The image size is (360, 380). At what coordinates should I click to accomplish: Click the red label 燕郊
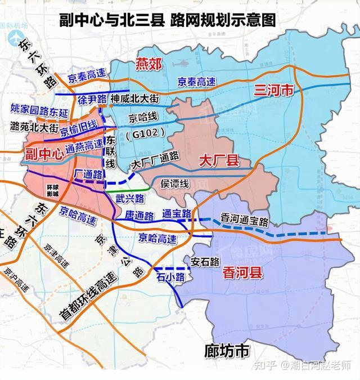(x=149, y=64)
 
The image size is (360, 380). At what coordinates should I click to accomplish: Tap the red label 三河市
(x=274, y=90)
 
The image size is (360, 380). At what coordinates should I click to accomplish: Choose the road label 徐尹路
(x=93, y=100)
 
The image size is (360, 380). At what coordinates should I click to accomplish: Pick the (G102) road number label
(x=145, y=133)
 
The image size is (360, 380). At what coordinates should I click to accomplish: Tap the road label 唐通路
(x=140, y=216)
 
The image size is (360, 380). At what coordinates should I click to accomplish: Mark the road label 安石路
(x=204, y=261)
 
